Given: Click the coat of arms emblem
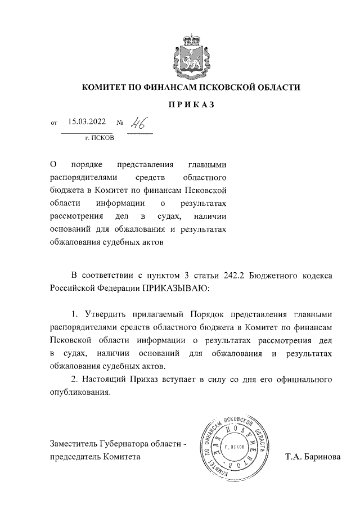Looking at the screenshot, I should (191, 56).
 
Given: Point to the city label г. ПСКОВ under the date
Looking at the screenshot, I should (99, 137).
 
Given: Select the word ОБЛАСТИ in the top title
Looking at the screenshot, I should (275, 87).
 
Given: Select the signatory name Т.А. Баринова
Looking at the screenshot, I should (313, 457).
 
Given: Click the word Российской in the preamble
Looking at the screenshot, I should (71, 287).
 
